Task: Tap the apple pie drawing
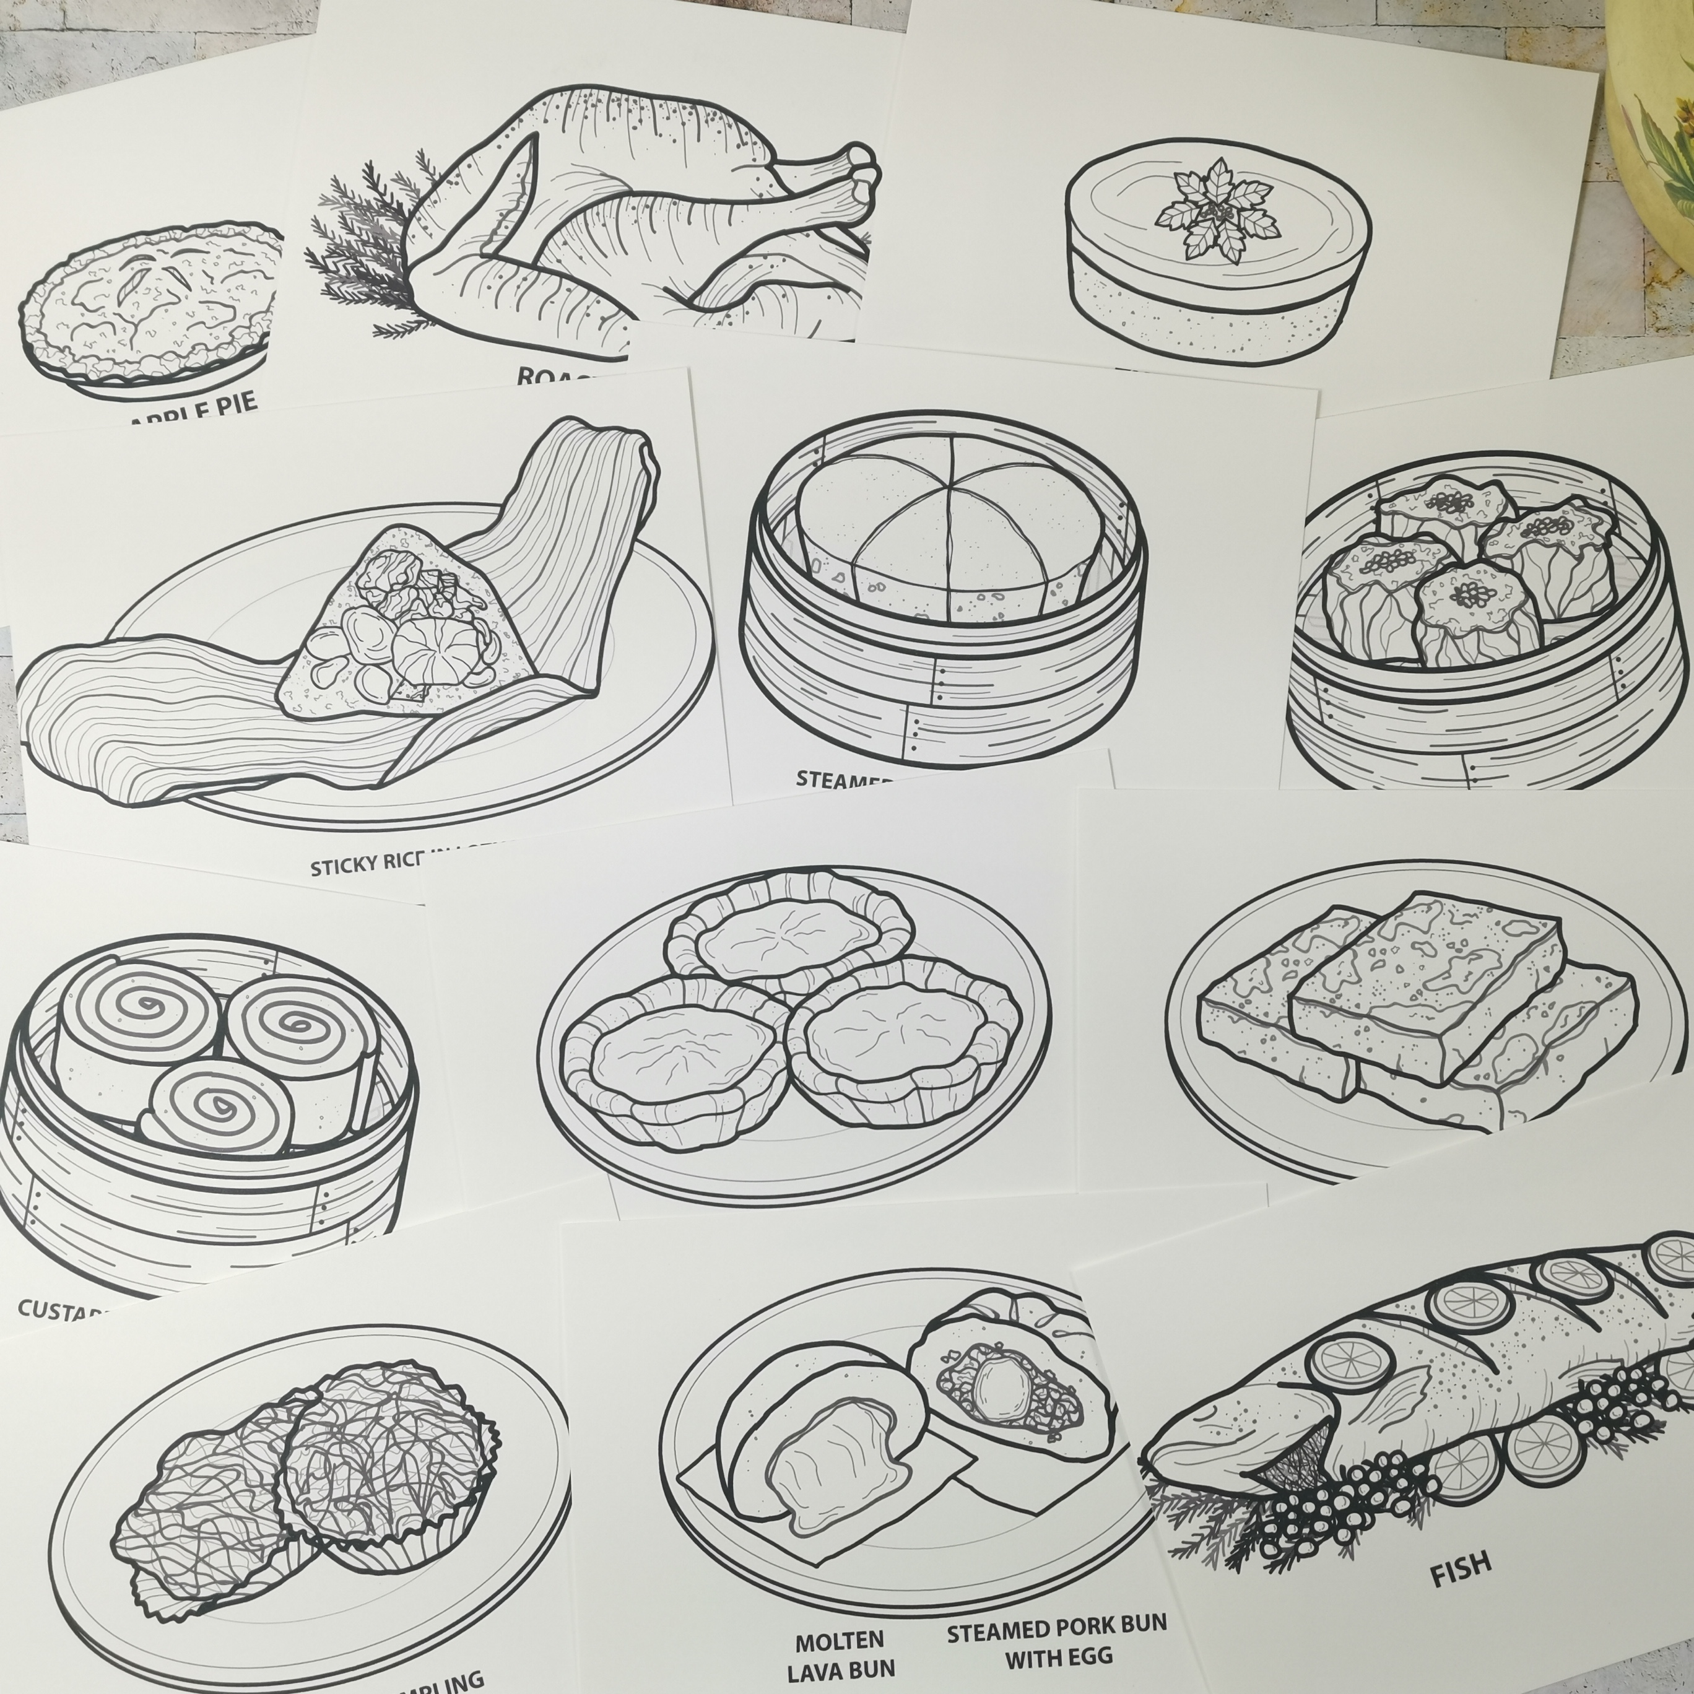(x=145, y=303)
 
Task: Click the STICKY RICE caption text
(x=386, y=864)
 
